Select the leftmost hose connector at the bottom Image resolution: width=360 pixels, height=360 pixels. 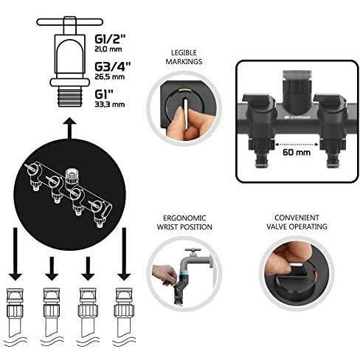[17, 307]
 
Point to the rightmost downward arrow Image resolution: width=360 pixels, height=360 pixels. [125, 258]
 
